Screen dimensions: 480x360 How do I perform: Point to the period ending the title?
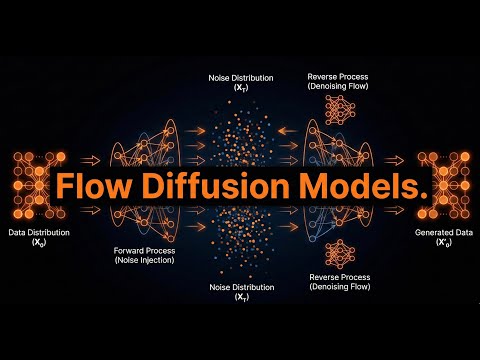(x=423, y=195)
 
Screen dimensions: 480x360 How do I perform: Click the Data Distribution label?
(x=39, y=233)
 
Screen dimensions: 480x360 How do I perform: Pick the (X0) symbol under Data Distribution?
(x=39, y=243)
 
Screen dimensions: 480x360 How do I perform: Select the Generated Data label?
(x=444, y=233)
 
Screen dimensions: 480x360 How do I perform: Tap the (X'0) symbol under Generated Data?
(x=444, y=243)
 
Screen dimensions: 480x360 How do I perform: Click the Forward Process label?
(x=144, y=251)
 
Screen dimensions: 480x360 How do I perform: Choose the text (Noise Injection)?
(x=144, y=260)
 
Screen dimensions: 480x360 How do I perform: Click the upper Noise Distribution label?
(x=241, y=78)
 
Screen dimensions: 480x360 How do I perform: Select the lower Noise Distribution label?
(x=242, y=287)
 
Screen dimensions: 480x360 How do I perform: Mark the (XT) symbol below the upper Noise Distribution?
(x=241, y=88)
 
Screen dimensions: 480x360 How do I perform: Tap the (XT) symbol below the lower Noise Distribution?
(x=242, y=297)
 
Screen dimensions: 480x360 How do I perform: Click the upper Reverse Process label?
(x=338, y=77)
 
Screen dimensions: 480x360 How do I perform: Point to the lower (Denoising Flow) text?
(x=340, y=287)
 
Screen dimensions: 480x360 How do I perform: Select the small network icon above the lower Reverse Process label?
(x=340, y=254)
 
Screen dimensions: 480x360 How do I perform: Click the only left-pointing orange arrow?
(x=287, y=131)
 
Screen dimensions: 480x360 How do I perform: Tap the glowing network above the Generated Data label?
(x=444, y=185)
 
